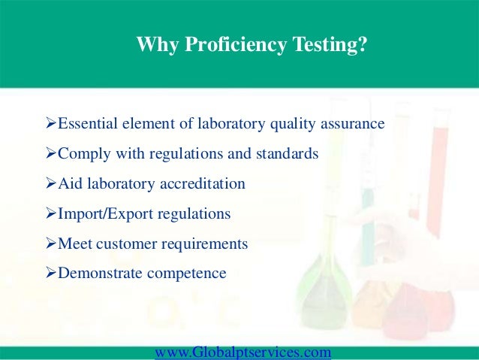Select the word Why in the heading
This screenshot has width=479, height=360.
tap(153, 46)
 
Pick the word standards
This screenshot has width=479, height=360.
tap(288, 153)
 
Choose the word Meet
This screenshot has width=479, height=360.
tap(74, 244)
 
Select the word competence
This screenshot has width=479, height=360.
tap(188, 274)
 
